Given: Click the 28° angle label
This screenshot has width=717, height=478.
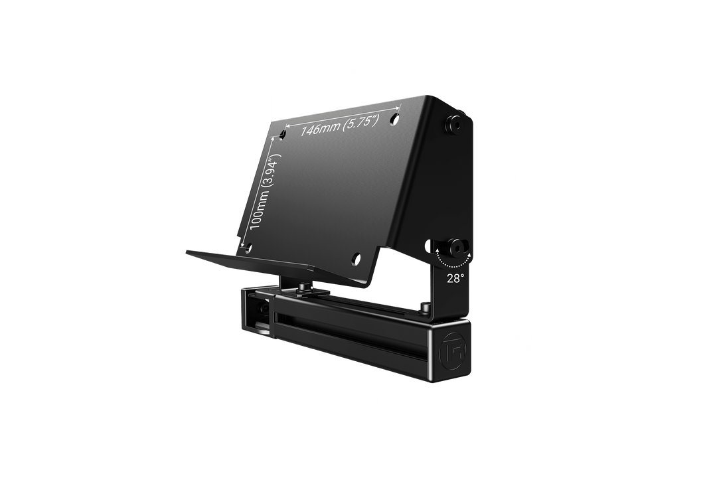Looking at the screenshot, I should coord(455,279).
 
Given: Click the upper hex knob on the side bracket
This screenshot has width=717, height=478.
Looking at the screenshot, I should coord(454,124).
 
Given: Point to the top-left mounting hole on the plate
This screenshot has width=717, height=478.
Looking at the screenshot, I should coord(282,134).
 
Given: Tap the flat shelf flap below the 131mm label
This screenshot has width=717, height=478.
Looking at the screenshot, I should coord(219,258).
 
